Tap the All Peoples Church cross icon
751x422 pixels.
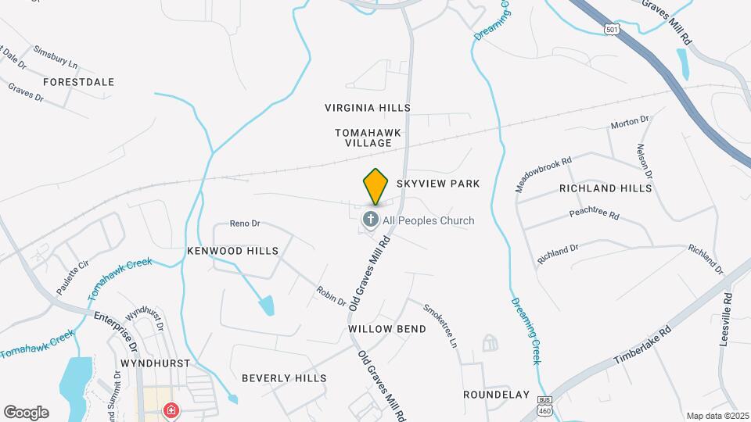370,220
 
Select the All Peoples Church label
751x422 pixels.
428,221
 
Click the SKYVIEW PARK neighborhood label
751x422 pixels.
437,184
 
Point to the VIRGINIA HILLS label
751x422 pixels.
368,107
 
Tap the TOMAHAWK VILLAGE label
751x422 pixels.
368,138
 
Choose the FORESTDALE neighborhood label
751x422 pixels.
78,82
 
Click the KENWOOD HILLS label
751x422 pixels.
232,251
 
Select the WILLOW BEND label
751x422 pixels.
387,329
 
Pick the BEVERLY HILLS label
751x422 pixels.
283,378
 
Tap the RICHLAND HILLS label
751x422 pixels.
605,189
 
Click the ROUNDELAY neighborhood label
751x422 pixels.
496,395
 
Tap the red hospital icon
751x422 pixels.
170,410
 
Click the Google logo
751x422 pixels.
26,413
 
